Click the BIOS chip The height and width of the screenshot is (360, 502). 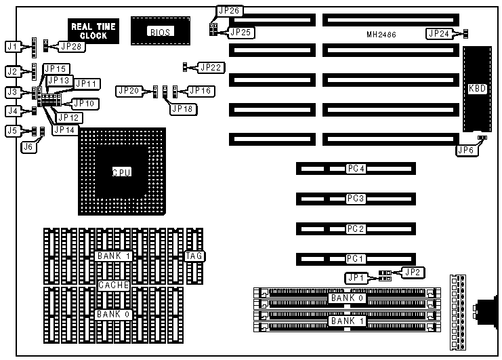pos(160,32)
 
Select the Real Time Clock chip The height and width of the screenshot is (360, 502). pos(93,31)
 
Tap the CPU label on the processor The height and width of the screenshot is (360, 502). pos(121,172)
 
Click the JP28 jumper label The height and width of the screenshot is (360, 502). pos(71,46)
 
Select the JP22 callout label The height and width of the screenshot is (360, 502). pos(210,67)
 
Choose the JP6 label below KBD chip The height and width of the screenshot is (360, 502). pos(465,151)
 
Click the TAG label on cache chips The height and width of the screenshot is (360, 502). pos(194,256)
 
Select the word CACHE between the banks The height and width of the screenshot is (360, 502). pos(113,285)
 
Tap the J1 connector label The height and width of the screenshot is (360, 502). pos(11,47)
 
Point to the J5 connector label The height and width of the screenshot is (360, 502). pos(11,131)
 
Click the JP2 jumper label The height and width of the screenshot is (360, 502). pos(411,272)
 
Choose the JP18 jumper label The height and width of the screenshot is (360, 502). pos(182,108)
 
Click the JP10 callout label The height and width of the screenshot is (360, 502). pos(84,103)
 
